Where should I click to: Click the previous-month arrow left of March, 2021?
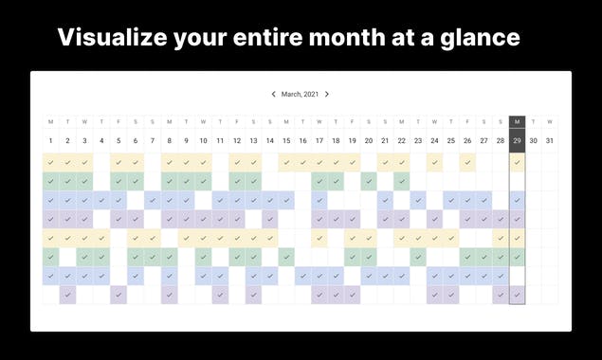273,95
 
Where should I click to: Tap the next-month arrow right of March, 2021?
327,95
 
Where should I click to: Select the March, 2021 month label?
300,95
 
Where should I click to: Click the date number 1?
51,141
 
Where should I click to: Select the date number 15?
285,141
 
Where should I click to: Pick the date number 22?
402,141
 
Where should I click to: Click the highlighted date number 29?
517,141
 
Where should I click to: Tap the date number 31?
550,141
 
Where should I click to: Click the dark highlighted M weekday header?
517,121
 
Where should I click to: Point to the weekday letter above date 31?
550,121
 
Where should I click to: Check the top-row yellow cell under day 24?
434,162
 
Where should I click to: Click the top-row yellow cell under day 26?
467,162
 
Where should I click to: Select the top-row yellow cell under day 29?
517,162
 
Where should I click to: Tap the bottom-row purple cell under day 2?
67,295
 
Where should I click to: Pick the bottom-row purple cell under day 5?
118,295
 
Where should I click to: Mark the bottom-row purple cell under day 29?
517,295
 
